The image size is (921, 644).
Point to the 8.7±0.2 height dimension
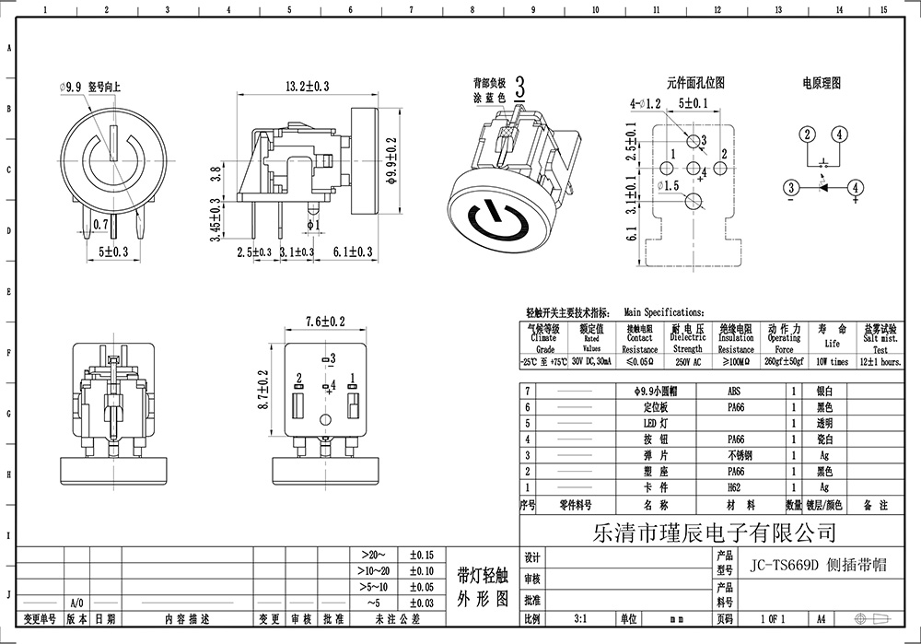point(264,389)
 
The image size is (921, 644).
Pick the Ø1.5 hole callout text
point(668,186)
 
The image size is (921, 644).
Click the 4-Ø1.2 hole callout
point(646,103)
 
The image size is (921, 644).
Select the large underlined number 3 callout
point(520,89)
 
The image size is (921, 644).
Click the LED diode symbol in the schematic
point(822,188)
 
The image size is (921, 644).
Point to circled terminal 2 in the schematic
point(807,135)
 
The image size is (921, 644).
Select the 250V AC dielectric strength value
point(687,363)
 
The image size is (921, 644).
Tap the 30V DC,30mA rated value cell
point(591,363)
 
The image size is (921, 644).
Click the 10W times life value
point(832,363)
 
